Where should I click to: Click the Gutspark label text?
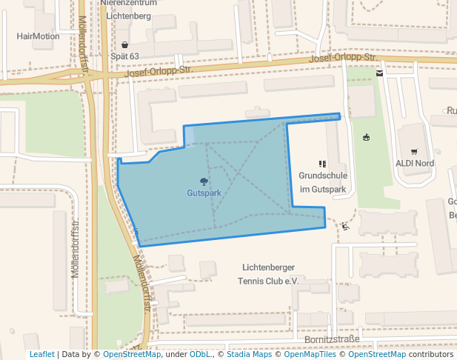204,193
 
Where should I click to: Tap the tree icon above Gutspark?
204,181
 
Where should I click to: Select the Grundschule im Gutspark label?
323,182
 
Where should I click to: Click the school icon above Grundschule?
322,164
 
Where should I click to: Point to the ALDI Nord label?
415,163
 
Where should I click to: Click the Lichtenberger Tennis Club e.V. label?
267,274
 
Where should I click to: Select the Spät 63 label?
124,56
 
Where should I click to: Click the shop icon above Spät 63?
124,44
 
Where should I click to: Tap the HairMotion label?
38,36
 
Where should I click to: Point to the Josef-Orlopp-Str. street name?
344,58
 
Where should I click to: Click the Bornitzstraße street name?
332,340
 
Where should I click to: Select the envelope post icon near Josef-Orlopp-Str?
380,73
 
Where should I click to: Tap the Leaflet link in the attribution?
42,354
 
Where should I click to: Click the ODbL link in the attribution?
201,354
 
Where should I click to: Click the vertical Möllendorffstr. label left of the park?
75,248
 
